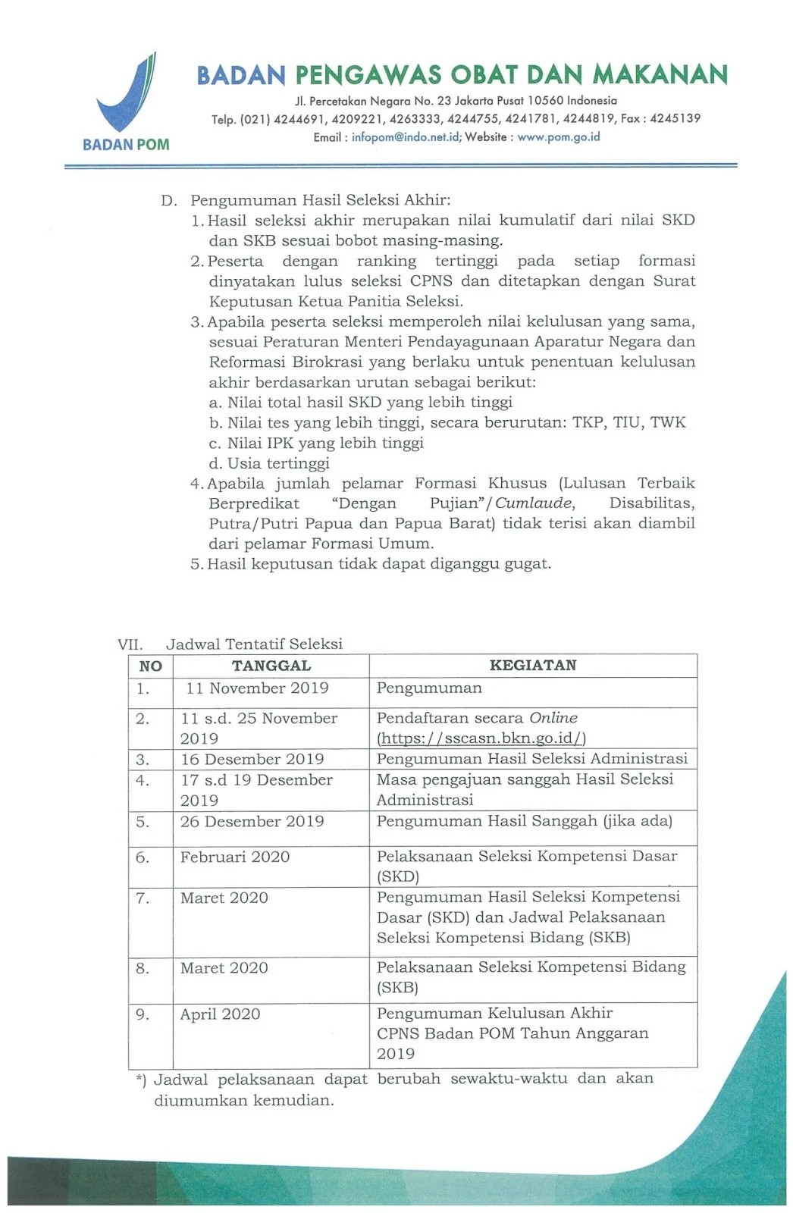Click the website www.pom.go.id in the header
[559, 137]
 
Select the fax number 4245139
[675, 118]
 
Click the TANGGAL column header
[271, 666]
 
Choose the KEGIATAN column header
[533, 665]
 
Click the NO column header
[150, 666]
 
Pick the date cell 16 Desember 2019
[252, 760]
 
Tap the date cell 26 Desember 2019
[252, 822]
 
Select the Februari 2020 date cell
[235, 857]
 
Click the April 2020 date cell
[220, 1014]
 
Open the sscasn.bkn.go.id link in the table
[481, 738]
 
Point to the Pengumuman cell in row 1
[429, 688]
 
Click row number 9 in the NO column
[143, 1014]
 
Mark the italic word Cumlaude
[534, 503]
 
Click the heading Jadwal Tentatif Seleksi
[254, 644]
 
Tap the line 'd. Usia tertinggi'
[269, 463]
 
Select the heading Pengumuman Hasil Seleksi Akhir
[320, 200]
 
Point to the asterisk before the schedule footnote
[139, 1080]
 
